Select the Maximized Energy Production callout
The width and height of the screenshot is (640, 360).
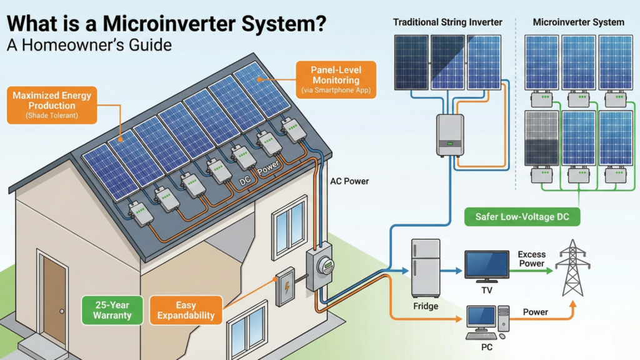point(52,104)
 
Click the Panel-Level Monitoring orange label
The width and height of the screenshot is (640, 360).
point(336,79)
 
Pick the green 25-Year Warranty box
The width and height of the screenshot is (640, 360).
point(113,310)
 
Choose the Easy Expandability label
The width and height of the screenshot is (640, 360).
point(186,310)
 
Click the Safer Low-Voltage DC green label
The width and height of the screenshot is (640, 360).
point(522,217)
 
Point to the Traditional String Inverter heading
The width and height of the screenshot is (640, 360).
point(447,22)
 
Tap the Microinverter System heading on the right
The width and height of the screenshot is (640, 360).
point(578,22)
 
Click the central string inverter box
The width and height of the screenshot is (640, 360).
point(449,134)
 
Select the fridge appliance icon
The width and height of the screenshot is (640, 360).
point(426,268)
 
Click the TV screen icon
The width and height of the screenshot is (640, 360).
point(486,265)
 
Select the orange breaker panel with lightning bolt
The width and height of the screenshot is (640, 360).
point(286,287)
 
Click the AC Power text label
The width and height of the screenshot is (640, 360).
point(349,181)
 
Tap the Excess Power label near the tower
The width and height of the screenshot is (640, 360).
point(531,259)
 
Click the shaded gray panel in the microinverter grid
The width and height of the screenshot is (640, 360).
point(541,137)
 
